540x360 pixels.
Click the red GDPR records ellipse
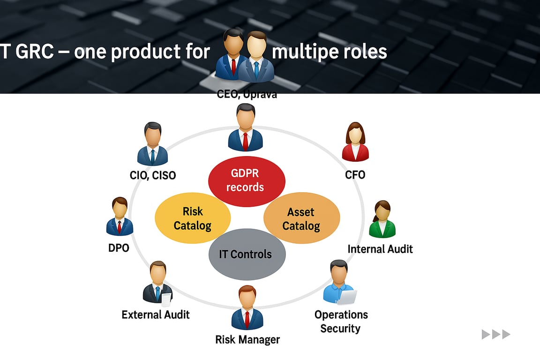pyautogui.click(x=247, y=181)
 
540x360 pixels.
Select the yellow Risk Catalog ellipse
pyautogui.click(x=193, y=219)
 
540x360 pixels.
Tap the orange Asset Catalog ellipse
pyautogui.click(x=301, y=219)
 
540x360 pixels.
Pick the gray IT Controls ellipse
pyautogui.click(x=247, y=254)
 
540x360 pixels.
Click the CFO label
pyautogui.click(x=355, y=175)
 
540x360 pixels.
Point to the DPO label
pyautogui.click(x=119, y=247)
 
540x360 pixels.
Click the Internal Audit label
pyautogui.click(x=380, y=248)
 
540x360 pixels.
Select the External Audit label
pyautogui.click(x=156, y=314)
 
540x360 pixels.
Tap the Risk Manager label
pyautogui.click(x=247, y=339)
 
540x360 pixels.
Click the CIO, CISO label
pyautogui.click(x=153, y=175)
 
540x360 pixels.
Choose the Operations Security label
pyautogui.click(x=341, y=321)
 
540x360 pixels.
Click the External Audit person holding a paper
pyautogui.click(x=157, y=285)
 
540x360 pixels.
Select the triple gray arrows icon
pyautogui.click(x=496, y=334)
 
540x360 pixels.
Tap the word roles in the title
pyautogui.click(x=365, y=51)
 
